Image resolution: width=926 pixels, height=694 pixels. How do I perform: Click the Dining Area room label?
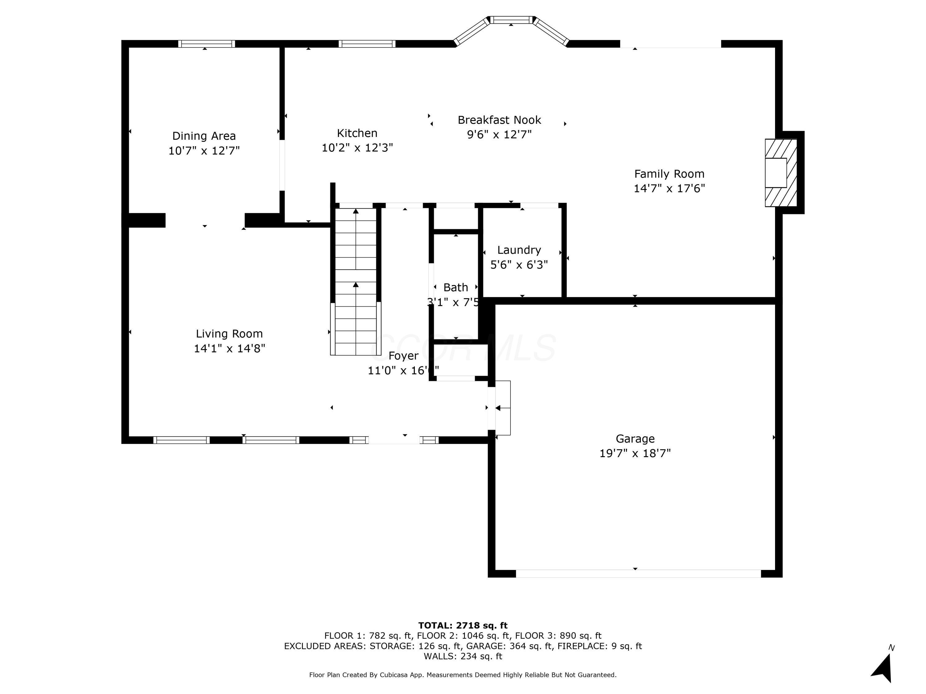[204, 136]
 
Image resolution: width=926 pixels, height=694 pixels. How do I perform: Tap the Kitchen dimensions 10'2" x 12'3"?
[357, 148]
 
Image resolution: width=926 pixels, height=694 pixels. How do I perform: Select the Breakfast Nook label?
[499, 120]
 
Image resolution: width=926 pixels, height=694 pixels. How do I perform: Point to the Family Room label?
[669, 174]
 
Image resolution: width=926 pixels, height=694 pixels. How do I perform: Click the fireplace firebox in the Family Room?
[775, 172]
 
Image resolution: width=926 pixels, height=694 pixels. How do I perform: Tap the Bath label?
[456, 287]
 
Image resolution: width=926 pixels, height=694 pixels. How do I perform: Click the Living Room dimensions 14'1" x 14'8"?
[229, 349]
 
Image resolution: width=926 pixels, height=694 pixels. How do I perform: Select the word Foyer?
[403, 356]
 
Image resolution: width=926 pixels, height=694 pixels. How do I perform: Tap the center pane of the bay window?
[511, 20]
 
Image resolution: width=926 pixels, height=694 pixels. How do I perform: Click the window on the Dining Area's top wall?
[206, 43]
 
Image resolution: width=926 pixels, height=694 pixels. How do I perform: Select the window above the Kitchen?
[367, 43]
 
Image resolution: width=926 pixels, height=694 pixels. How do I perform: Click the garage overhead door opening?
[638, 573]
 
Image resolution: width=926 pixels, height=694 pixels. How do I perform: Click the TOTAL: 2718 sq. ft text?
[463, 626]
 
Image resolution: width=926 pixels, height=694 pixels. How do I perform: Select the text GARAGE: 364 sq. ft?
[509, 646]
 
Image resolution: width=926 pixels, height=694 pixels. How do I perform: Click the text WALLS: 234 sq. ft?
[463, 656]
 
